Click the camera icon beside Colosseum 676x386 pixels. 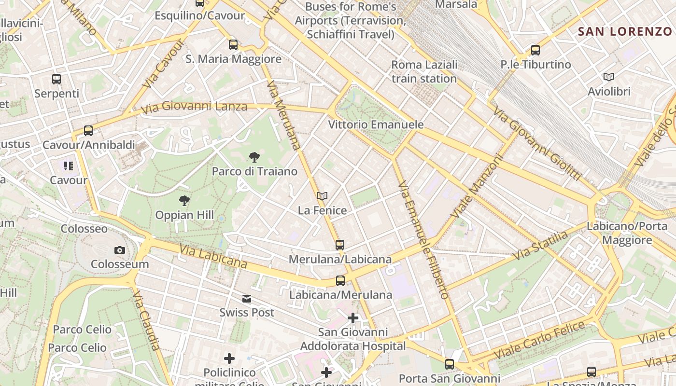pos(119,250)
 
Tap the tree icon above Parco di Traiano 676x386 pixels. pos(254,157)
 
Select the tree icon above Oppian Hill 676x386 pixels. pos(184,201)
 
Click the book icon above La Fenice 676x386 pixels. pos(322,196)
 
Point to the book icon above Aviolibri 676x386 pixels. pos(609,77)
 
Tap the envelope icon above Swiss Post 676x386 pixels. pos(247,299)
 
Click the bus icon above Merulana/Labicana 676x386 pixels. pos(340,245)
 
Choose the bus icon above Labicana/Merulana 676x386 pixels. pos(340,281)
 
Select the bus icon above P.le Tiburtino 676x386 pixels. pos(535,50)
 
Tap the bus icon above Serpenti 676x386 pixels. pos(56,79)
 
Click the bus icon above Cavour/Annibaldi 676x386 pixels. pos(88,131)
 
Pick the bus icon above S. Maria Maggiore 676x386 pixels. pos(233,45)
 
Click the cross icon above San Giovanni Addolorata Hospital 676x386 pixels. pos(353,318)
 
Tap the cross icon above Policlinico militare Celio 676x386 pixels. pos(229,358)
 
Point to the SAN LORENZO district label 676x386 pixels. pos(625,32)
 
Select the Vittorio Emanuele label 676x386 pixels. pos(376,124)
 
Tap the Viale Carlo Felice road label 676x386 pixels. pos(539,340)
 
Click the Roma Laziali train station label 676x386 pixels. pos(424,71)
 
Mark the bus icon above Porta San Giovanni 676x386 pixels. pos(450,364)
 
